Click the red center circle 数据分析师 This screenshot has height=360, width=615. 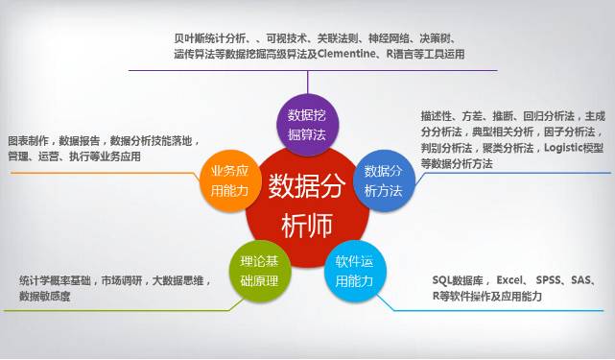(x=307, y=202)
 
